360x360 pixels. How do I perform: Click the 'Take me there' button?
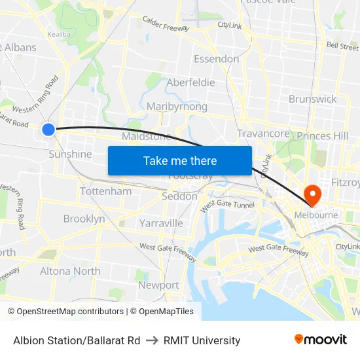tap(179, 161)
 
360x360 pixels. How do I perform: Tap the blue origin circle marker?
tap(48, 129)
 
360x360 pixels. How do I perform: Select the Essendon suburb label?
tap(216, 59)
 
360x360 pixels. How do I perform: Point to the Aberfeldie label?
tap(190, 82)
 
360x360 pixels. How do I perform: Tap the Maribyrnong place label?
tap(177, 107)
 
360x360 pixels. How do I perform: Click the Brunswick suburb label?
tap(312, 99)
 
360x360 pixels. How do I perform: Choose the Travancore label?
tap(263, 134)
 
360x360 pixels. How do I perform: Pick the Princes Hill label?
tap(323, 136)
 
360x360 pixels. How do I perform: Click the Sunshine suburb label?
tap(70, 154)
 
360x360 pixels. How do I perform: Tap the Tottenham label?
tap(105, 192)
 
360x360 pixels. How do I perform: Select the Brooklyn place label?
tap(84, 219)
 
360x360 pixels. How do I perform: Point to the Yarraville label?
tap(161, 223)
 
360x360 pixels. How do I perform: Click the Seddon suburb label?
tap(179, 196)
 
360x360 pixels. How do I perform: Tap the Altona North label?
tap(70, 271)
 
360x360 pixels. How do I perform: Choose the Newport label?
tap(158, 285)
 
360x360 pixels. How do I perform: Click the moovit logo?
tap(321, 340)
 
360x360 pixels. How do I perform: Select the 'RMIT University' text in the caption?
tap(202, 340)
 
